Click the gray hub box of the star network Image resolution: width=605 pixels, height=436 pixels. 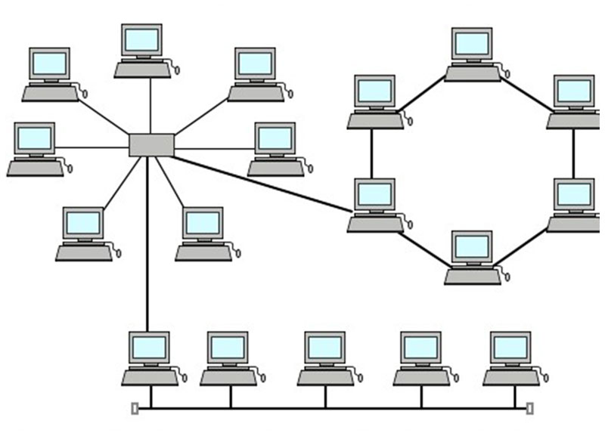pyautogui.click(x=151, y=145)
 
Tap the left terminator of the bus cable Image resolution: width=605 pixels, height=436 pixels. pyautogui.click(x=135, y=409)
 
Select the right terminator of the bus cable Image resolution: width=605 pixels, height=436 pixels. pyautogui.click(x=529, y=409)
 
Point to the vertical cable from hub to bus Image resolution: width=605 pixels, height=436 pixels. pyautogui.click(x=147, y=249)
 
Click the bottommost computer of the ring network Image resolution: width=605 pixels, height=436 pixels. pyautogui.click(x=473, y=258)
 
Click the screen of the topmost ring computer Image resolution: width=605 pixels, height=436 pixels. pyautogui.click(x=473, y=44)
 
